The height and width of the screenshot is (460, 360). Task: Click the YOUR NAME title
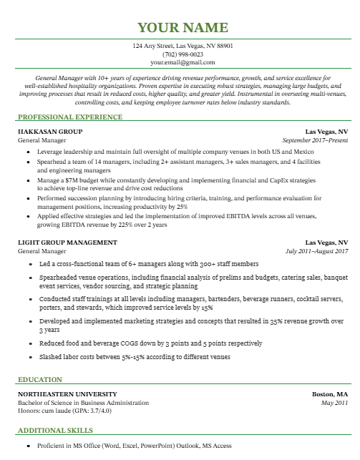click(x=183, y=28)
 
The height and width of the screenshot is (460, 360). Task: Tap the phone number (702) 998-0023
click(x=183, y=54)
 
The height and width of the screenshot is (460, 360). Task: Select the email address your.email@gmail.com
click(x=183, y=63)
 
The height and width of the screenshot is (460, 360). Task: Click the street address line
click(x=183, y=46)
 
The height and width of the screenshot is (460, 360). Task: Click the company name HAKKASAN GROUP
click(x=50, y=132)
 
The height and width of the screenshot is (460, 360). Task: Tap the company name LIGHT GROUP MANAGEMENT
click(x=67, y=243)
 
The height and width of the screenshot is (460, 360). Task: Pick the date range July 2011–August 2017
click(x=316, y=251)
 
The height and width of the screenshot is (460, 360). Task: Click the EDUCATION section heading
click(x=40, y=379)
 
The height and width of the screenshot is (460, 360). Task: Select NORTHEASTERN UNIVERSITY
click(x=67, y=395)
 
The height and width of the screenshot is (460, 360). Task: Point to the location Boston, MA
click(x=330, y=395)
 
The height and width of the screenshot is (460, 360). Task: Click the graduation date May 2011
click(x=334, y=403)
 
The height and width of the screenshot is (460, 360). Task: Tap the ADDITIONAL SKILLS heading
click(x=55, y=431)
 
